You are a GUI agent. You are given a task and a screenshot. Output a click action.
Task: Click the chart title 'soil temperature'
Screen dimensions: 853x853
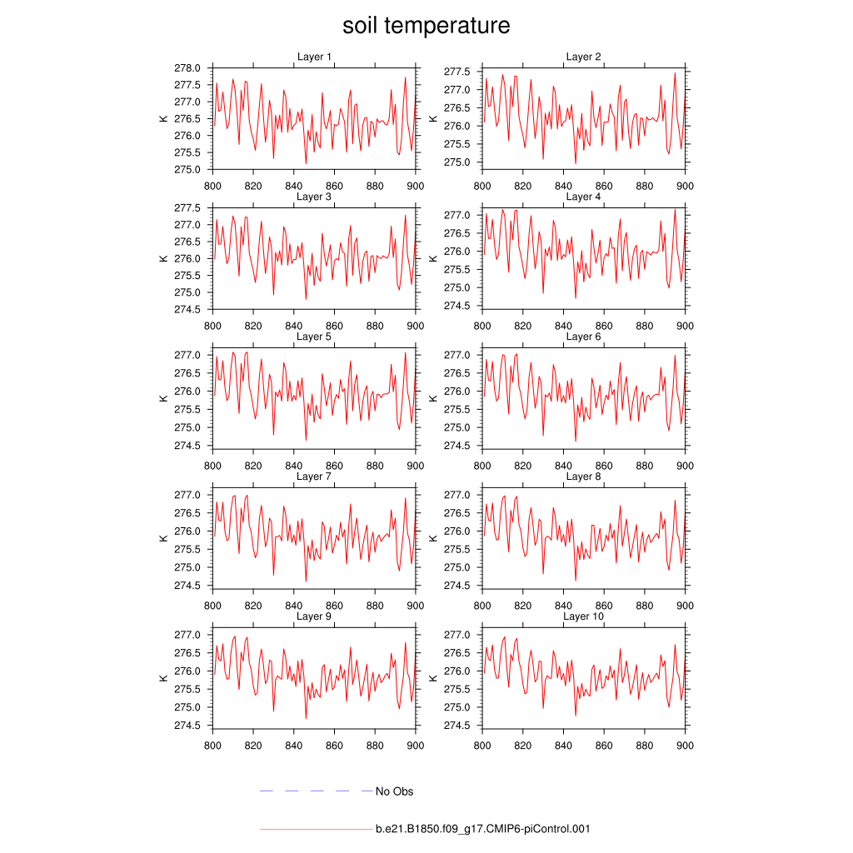[x=426, y=26]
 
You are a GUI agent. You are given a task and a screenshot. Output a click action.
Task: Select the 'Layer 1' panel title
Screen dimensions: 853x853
[x=314, y=57]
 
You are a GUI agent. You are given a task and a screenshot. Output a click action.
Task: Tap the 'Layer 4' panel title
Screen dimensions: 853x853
[x=583, y=197]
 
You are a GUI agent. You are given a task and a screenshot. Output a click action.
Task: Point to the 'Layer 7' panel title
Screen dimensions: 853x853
[x=314, y=476]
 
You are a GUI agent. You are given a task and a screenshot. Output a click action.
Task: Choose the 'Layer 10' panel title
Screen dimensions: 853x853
[x=583, y=616]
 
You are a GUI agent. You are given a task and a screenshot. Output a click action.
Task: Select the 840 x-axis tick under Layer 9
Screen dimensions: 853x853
[x=294, y=746]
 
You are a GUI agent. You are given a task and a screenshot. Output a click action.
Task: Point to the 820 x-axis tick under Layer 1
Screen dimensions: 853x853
[x=253, y=186]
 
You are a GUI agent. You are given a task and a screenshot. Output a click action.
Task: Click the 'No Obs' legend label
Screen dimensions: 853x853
[x=394, y=791]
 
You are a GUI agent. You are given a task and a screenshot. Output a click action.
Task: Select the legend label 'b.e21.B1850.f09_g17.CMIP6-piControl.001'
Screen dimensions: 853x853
[x=483, y=829]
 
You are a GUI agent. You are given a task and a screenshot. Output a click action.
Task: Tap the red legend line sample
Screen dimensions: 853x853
[x=316, y=830]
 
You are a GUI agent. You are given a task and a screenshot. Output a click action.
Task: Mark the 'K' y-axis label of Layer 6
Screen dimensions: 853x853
[x=433, y=398]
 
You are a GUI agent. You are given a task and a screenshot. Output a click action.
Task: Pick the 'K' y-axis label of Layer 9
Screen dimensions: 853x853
[x=163, y=678]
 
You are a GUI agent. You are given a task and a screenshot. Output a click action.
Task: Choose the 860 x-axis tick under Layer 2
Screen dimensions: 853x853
[x=604, y=186]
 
